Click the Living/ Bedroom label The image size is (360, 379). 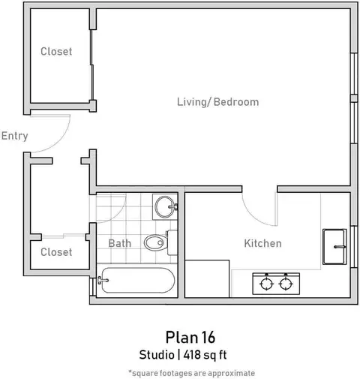[217, 102]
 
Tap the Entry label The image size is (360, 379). [14, 136]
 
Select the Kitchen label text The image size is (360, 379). [262, 243]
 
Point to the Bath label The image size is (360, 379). [120, 243]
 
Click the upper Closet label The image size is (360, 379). [56, 52]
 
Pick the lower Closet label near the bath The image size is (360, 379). [56, 252]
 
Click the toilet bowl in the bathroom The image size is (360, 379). [155, 242]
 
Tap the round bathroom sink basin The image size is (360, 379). [164, 207]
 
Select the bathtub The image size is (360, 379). [137, 280]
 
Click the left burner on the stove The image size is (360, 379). [266, 284]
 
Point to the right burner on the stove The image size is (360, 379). [286, 284]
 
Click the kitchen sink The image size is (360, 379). [334, 247]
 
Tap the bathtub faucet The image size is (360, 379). [103, 280]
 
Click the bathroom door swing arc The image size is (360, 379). [118, 215]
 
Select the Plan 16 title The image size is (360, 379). [190, 337]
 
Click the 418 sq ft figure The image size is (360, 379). [205, 355]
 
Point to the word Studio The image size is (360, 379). [157, 355]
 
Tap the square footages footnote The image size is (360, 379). [192, 373]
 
